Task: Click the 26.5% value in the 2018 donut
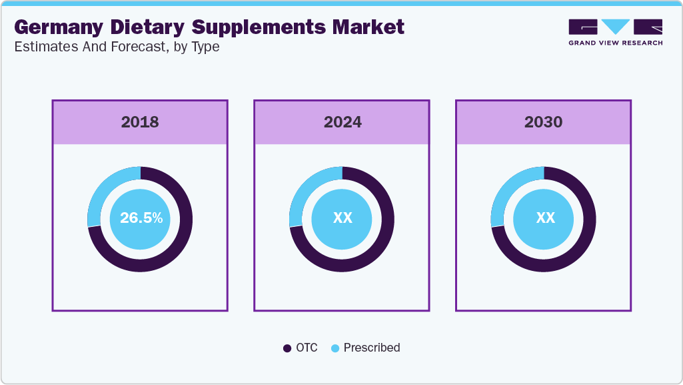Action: coord(141,218)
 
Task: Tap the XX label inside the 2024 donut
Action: coord(342,218)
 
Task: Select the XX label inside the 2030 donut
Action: coord(545,218)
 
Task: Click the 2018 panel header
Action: coord(140,122)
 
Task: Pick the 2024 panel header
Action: coord(342,122)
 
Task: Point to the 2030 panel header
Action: coord(543,122)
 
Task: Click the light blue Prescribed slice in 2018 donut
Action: coord(103,191)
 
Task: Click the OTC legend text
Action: coord(307,348)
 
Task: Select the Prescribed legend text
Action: coord(372,348)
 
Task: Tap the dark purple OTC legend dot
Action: coord(287,348)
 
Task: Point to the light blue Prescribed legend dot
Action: coord(335,348)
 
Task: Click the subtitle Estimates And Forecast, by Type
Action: coord(117,47)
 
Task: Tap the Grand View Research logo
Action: coord(615,32)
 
